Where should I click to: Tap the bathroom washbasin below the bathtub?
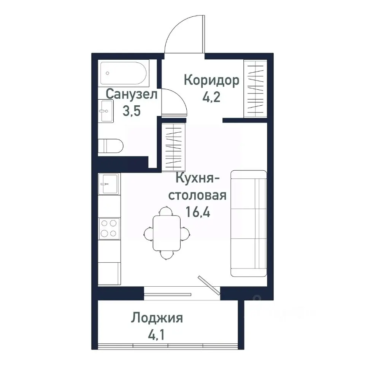click(x=106, y=111)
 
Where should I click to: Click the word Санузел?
click(x=131, y=94)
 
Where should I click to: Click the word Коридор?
click(x=211, y=80)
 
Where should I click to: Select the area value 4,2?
click(x=212, y=97)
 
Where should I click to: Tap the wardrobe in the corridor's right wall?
click(x=255, y=89)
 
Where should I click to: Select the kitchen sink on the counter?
click(x=109, y=184)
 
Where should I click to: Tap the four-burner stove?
click(x=109, y=228)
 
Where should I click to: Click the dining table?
click(x=167, y=233)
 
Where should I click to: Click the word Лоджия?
click(x=157, y=317)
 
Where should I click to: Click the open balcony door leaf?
click(x=209, y=285)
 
